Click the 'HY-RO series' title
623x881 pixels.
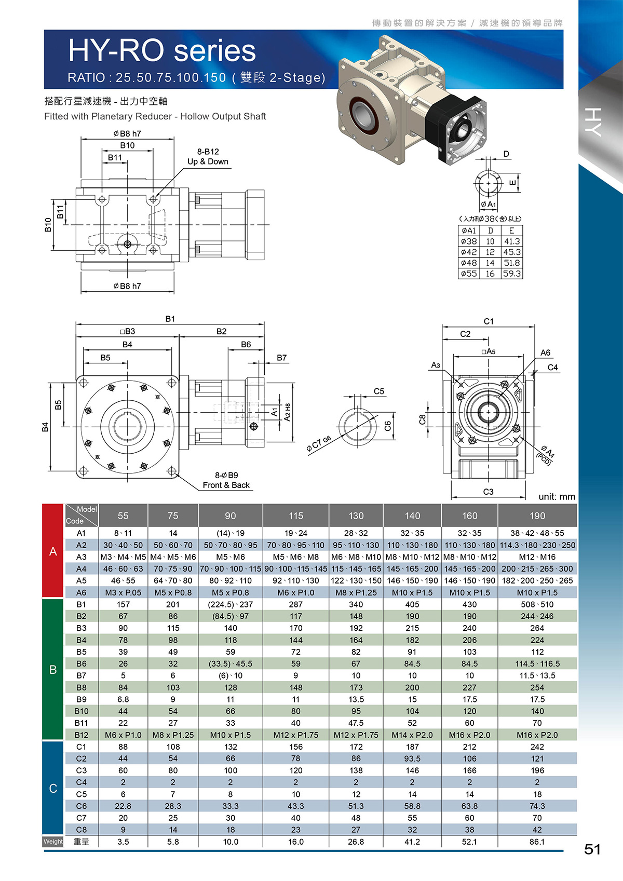(162, 51)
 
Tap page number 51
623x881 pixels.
(592, 849)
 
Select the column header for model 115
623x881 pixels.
(296, 516)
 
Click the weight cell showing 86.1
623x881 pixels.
(537, 842)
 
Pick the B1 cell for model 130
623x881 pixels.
(356, 604)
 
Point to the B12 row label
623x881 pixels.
(81, 735)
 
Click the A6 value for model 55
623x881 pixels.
(123, 592)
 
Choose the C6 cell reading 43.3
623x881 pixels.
(296, 806)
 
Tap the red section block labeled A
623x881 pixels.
(53, 551)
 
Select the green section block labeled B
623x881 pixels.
(53, 669)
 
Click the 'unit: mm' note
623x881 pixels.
(557, 497)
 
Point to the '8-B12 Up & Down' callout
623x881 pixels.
(208, 157)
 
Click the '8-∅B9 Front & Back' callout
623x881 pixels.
(226, 480)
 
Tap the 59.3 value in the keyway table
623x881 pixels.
(512, 274)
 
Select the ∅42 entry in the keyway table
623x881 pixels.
(468, 252)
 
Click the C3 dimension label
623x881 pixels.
(488, 492)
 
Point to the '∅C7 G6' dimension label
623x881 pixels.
(319, 443)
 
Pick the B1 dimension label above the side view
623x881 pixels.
(170, 319)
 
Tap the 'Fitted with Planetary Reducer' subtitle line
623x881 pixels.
(155, 116)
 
